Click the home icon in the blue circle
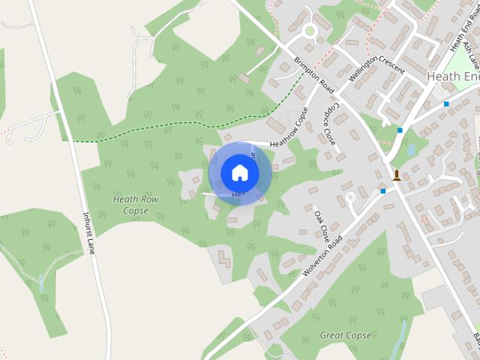(x=239, y=172)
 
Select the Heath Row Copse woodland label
(x=130, y=205)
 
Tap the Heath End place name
(x=451, y=76)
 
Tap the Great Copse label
(x=346, y=335)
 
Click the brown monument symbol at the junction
(x=396, y=176)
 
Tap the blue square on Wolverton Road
(x=383, y=191)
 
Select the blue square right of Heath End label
(x=446, y=104)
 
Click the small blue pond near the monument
(x=411, y=149)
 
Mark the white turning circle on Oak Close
(x=349, y=199)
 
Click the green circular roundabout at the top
(x=309, y=31)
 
